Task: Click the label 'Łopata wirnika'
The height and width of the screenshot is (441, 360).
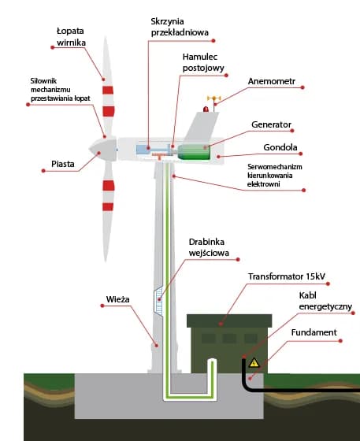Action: point(71,36)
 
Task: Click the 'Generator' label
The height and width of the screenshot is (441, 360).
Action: point(272,124)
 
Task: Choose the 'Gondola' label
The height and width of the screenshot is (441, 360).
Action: point(280,147)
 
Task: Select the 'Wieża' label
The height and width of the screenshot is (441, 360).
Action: point(117,300)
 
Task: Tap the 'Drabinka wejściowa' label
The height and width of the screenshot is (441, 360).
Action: point(209,247)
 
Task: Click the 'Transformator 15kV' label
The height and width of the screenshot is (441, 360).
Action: point(287,276)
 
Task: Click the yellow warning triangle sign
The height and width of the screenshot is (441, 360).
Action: point(254,362)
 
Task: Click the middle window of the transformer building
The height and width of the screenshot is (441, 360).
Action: point(229,338)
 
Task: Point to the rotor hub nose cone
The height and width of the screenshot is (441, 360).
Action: point(93,147)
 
